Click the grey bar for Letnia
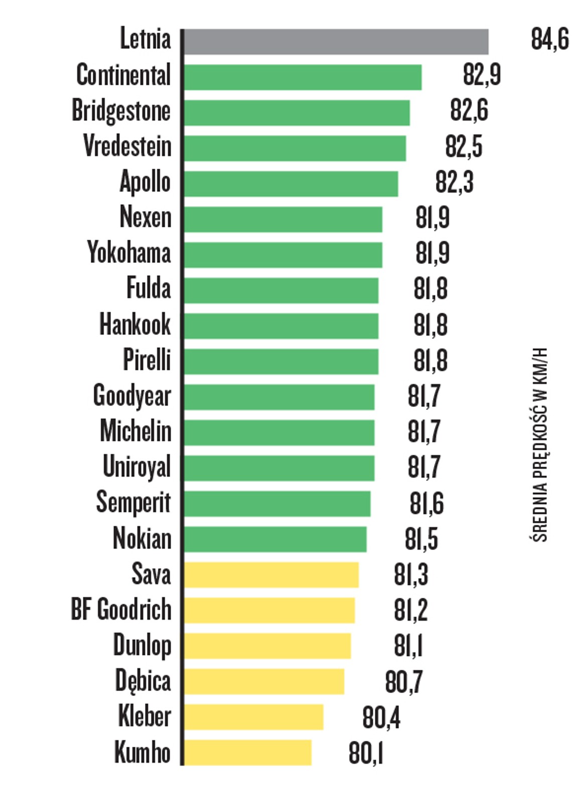coord(335,42)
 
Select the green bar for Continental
coord(302,77)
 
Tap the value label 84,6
coord(549,39)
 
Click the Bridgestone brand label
coord(121,111)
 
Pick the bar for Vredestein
coord(295,148)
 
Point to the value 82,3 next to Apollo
coord(454,182)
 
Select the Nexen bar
coord(282,219)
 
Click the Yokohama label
coord(128,252)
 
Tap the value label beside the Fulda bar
coord(430,290)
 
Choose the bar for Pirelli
coord(280,361)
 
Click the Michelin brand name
coord(135,431)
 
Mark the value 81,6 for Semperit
coord(426,504)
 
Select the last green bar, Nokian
coord(274,540)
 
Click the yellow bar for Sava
coord(271,575)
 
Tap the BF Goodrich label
coord(121,610)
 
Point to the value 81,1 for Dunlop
coord(408,646)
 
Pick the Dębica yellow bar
coord(263,682)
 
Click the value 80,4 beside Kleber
coord(381,718)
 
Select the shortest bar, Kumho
coord(247,752)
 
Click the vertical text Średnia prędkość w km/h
coord(539,445)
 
